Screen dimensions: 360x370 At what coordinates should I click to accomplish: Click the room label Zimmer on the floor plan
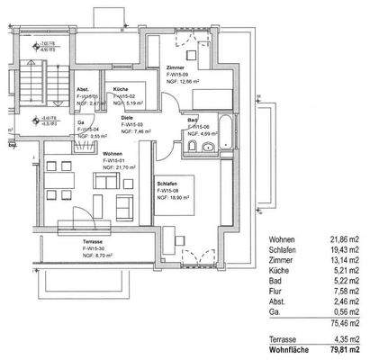tap(176, 67)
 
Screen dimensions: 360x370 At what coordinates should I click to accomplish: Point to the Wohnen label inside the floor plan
tap(113, 154)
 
